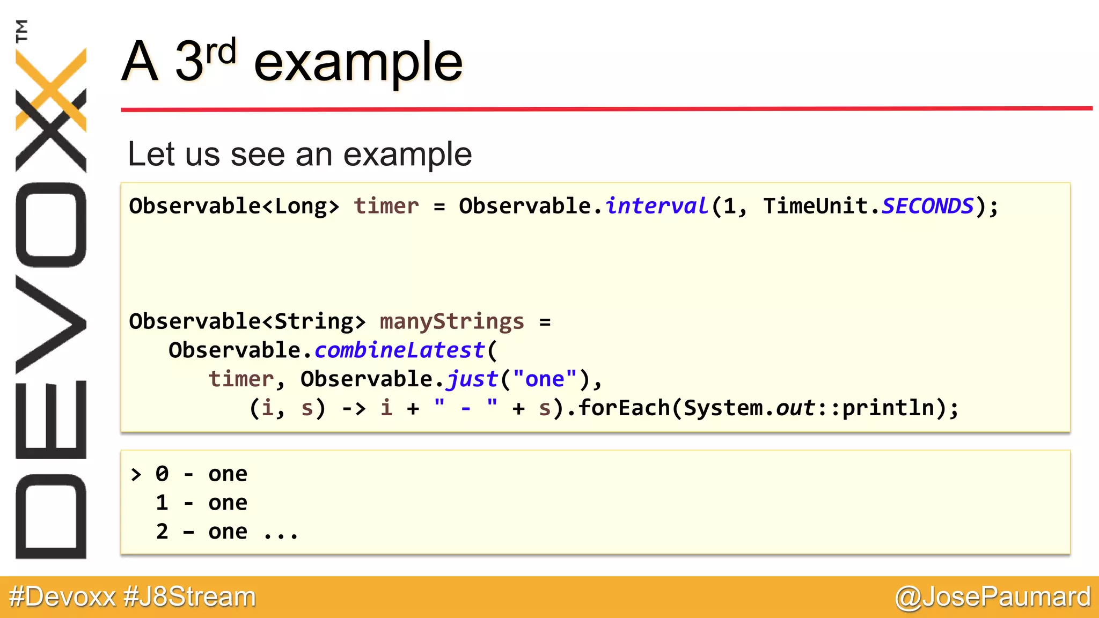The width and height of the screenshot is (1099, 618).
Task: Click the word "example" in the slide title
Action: click(358, 63)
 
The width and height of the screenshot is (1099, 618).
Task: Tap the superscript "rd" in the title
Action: click(221, 52)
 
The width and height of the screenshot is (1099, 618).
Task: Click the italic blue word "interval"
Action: click(657, 206)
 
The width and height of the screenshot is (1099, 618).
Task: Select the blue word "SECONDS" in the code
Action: click(927, 206)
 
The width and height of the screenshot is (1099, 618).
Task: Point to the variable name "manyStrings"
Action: click(451, 321)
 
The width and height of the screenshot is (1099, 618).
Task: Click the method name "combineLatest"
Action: click(399, 350)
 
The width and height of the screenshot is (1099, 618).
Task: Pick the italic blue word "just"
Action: click(472, 379)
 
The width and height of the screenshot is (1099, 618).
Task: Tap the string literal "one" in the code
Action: click(544, 379)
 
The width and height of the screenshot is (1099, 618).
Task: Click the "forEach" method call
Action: click(624, 408)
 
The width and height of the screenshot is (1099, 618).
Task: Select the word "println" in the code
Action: click(888, 408)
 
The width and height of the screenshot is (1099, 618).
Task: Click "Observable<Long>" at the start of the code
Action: click(235, 206)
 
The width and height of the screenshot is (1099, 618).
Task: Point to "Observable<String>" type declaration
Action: click(247, 321)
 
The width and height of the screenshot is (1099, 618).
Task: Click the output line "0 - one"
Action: click(201, 474)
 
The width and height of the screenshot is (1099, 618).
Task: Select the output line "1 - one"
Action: click(201, 503)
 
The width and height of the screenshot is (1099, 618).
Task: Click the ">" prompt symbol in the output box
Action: click(136, 474)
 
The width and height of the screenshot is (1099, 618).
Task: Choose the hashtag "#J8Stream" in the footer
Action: click(189, 597)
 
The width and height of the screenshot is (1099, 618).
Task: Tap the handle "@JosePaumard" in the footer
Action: click(993, 597)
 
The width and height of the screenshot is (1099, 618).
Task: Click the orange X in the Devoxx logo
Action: click(51, 89)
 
